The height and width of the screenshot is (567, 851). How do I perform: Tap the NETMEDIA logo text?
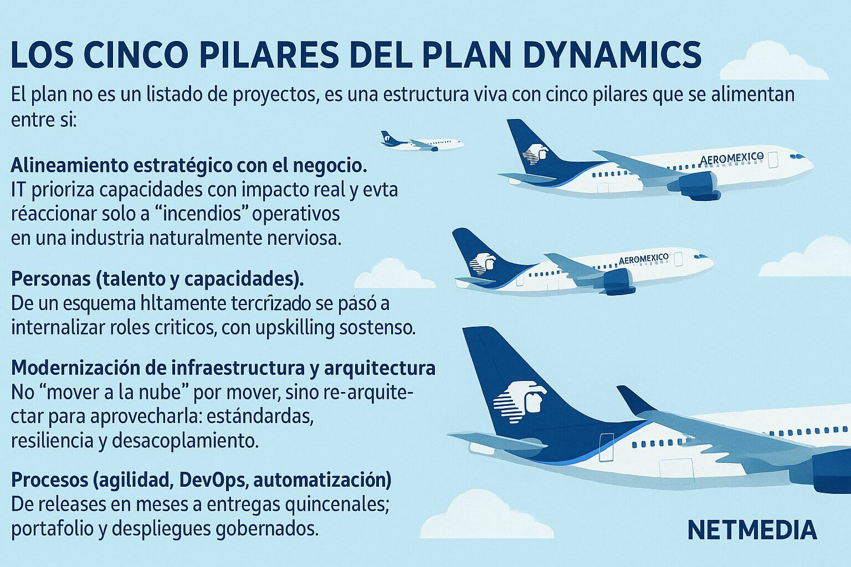point(752,530)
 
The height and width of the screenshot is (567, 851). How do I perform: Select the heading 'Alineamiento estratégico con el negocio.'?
point(189,166)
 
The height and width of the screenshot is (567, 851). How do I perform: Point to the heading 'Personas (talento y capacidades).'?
point(157,280)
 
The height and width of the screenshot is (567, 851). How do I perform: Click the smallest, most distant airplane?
point(422,142)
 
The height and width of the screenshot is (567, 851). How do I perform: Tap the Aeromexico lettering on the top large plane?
point(731,158)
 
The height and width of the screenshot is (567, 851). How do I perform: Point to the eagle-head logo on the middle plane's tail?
point(482,263)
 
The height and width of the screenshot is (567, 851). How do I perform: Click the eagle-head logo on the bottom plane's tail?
point(520,402)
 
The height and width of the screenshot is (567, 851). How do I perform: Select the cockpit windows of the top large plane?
point(797,157)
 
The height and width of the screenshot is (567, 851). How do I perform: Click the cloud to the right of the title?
point(774,61)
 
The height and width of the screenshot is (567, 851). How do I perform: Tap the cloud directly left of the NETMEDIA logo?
point(486,514)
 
